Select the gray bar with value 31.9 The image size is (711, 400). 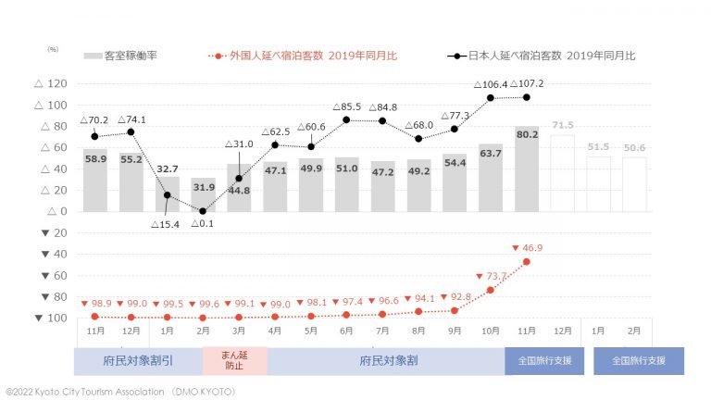(203, 194)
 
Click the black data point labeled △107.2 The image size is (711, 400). (527, 97)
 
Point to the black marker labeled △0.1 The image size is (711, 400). (203, 211)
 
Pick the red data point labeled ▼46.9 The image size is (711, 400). (527, 262)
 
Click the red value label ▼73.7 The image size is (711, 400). (491, 276)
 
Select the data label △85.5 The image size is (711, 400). (346, 106)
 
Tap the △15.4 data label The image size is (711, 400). (168, 226)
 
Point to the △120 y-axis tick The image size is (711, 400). (52, 84)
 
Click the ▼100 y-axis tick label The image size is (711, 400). (52, 318)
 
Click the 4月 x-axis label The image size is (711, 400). (275, 331)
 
